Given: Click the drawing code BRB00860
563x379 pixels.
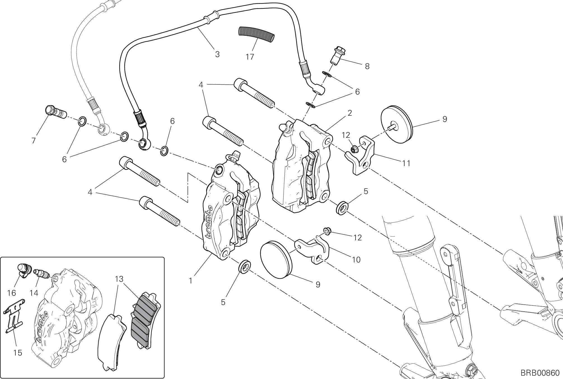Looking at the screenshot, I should click(x=540, y=373).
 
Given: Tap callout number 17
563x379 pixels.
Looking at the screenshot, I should click(x=250, y=57).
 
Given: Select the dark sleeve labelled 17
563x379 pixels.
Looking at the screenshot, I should click(x=256, y=34).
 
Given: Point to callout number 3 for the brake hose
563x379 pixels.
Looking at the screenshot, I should click(x=217, y=54).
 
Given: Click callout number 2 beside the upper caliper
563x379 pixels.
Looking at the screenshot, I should click(x=349, y=113).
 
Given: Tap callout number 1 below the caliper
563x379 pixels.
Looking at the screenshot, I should click(x=191, y=280).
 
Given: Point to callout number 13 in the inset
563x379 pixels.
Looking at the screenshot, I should click(x=119, y=279).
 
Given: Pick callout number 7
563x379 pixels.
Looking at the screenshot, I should click(x=34, y=140).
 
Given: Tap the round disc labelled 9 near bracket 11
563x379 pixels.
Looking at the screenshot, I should click(x=398, y=124).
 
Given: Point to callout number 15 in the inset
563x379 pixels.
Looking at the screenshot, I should click(x=17, y=353).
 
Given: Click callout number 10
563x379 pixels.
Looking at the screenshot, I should click(x=356, y=260).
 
